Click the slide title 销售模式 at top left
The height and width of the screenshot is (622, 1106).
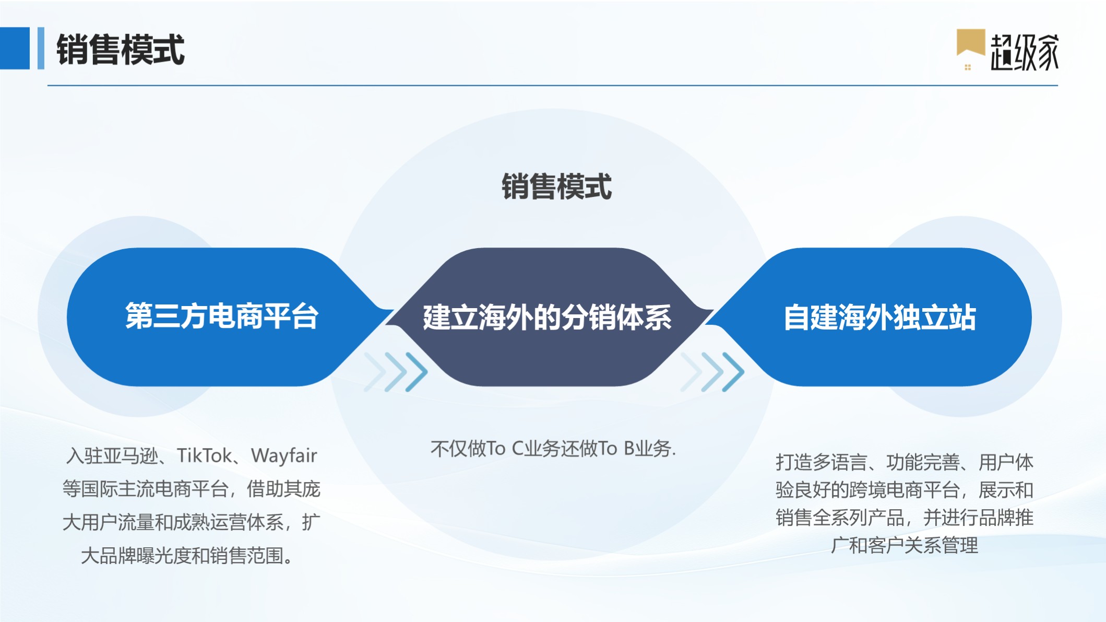(x=121, y=50)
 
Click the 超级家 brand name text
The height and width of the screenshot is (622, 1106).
(x=1025, y=52)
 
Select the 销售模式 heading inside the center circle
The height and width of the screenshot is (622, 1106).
(x=556, y=186)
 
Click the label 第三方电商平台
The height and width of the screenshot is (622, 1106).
(x=222, y=316)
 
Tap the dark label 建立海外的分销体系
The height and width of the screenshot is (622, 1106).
(x=547, y=317)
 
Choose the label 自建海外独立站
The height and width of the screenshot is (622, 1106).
(x=879, y=317)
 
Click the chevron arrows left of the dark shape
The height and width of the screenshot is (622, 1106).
(x=396, y=372)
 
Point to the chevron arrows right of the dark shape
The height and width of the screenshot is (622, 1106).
(x=712, y=372)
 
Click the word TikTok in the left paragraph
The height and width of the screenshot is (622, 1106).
(x=204, y=455)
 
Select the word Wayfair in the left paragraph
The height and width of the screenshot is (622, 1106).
(x=284, y=455)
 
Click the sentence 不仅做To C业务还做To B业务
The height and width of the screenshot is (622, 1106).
(x=553, y=448)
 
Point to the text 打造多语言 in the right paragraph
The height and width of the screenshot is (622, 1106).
(x=822, y=462)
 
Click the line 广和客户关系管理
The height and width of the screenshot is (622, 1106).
(x=905, y=545)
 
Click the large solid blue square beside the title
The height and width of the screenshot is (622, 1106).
(x=15, y=48)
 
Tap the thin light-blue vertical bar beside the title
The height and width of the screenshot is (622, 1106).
(x=41, y=48)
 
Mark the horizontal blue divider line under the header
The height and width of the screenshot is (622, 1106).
(x=553, y=85)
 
